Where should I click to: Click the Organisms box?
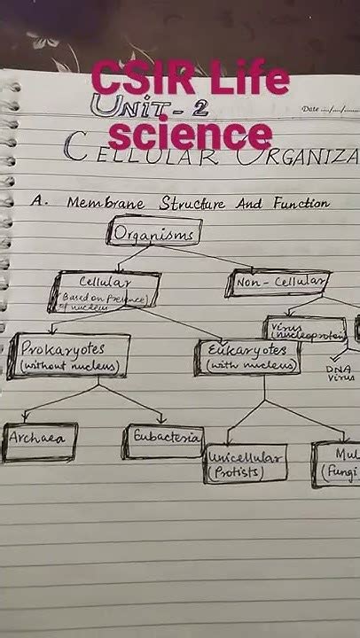pyautogui.click(x=154, y=233)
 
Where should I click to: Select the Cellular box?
pyautogui.click(x=108, y=291)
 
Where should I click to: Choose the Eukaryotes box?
pyautogui.click(x=247, y=356)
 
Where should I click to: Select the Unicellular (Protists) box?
pyautogui.click(x=246, y=465)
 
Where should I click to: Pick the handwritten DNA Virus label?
pyautogui.click(x=338, y=372)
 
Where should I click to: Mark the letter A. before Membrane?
pyautogui.click(x=38, y=202)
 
